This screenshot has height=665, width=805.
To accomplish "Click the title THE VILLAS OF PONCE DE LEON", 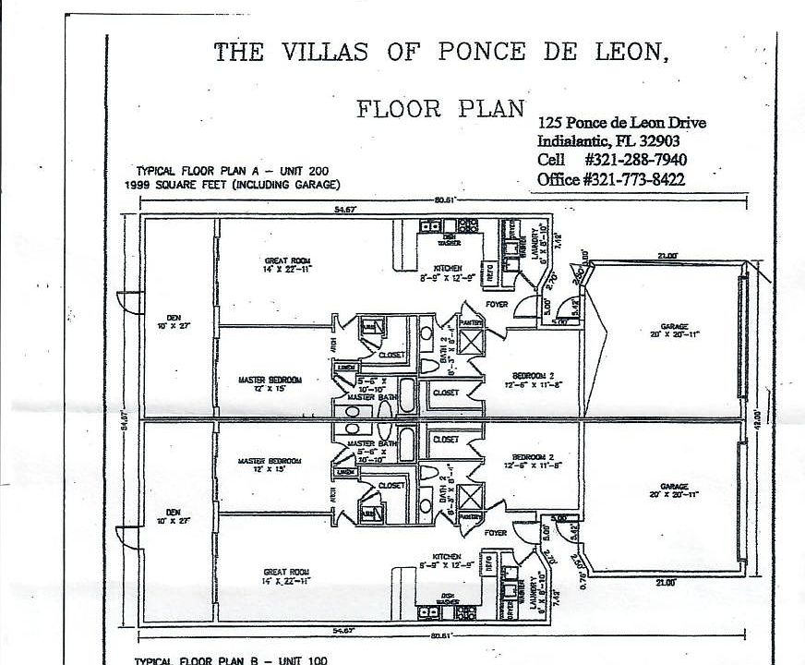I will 441,52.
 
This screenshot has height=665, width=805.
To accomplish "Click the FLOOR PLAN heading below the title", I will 441,108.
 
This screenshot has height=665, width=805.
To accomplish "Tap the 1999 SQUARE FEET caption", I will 225,184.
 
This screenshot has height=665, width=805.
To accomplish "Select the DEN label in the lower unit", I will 174,516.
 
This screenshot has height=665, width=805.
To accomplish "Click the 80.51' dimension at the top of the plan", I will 447,201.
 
